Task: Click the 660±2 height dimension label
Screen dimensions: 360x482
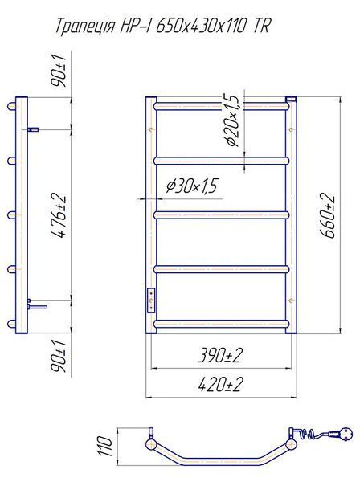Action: [x=327, y=215]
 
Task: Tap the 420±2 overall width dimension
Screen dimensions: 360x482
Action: [x=220, y=384]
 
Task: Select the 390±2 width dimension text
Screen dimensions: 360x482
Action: [x=220, y=356]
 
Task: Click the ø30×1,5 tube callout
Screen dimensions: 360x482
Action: [x=191, y=186]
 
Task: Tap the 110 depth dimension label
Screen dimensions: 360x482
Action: [x=104, y=446]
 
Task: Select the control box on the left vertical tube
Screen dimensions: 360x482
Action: [x=151, y=300]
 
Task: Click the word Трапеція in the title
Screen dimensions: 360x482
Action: [x=85, y=27]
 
